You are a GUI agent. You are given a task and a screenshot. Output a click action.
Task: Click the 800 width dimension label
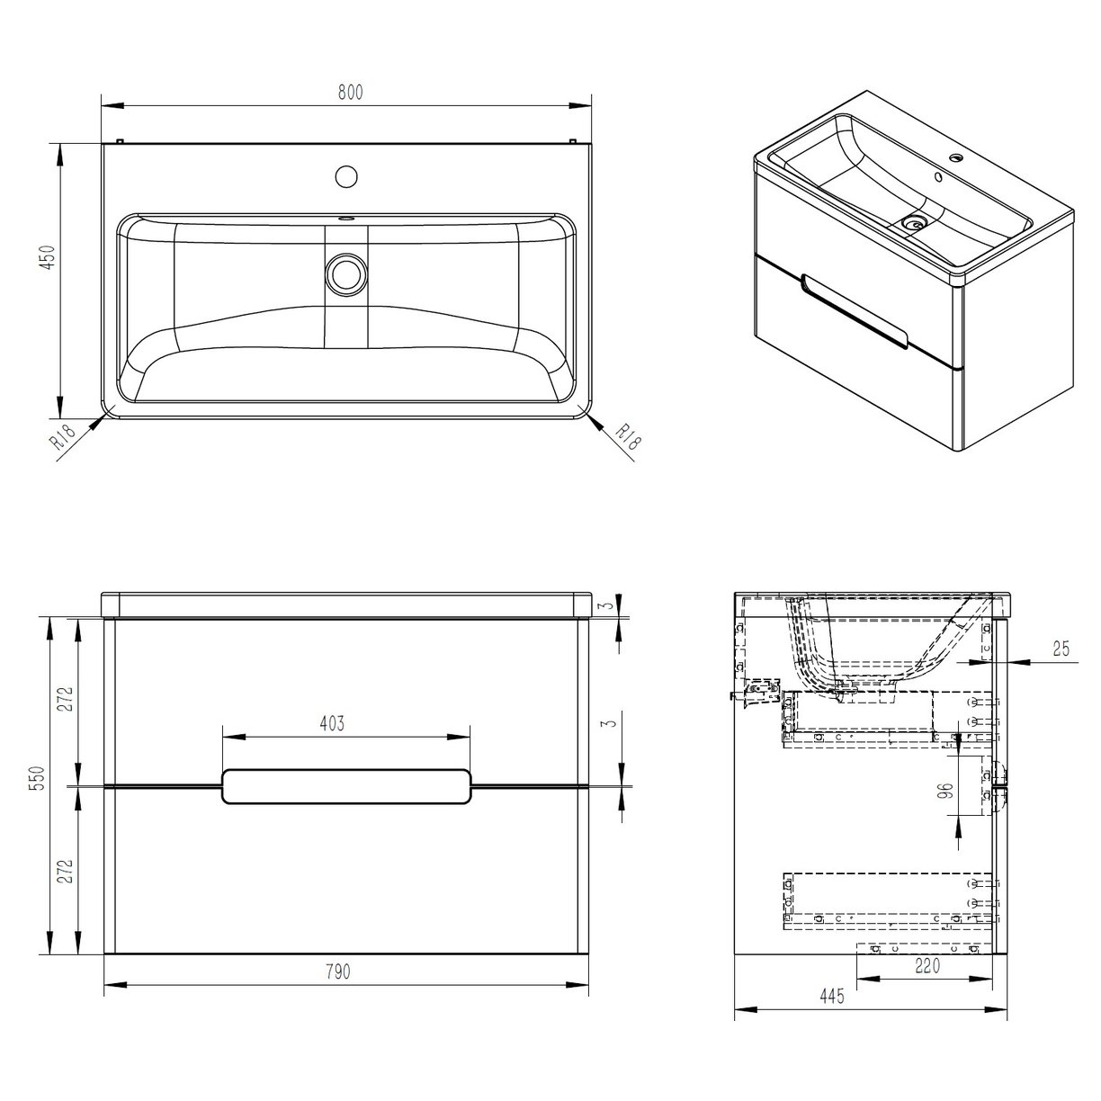(x=351, y=93)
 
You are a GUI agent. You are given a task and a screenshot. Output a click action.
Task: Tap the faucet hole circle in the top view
(x=345, y=175)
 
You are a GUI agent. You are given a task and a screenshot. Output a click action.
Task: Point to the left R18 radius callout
(x=62, y=440)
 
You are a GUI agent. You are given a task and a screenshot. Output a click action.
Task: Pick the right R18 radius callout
(x=628, y=438)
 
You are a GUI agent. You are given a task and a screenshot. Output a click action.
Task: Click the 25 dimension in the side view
(x=1060, y=649)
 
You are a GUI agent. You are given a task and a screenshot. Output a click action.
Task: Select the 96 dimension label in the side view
(x=944, y=792)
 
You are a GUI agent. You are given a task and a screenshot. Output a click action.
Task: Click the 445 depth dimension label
(x=831, y=997)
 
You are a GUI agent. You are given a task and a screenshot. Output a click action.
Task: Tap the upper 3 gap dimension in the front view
(x=609, y=605)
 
